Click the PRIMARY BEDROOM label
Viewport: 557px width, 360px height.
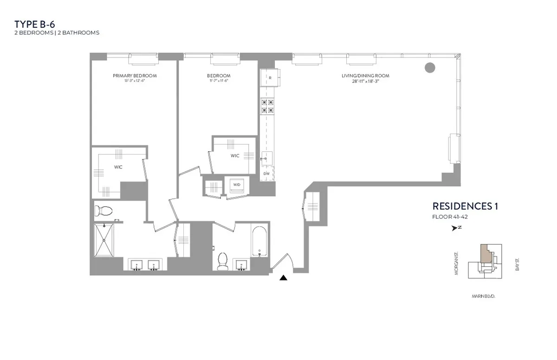pos(135,76)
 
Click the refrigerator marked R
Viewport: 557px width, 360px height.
pos(270,78)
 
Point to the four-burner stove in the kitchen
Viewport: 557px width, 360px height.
pos(267,106)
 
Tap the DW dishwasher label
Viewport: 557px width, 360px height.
pos(266,174)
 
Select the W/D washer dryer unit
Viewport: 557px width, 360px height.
pos(237,185)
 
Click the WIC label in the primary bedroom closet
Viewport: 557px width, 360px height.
pos(118,167)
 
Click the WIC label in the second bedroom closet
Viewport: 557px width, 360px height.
pos(235,156)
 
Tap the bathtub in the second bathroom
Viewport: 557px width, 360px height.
pos(259,241)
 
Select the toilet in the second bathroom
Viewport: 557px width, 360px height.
pos(222,261)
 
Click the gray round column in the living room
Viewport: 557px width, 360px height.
pos(430,68)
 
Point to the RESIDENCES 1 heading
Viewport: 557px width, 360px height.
pos(465,206)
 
